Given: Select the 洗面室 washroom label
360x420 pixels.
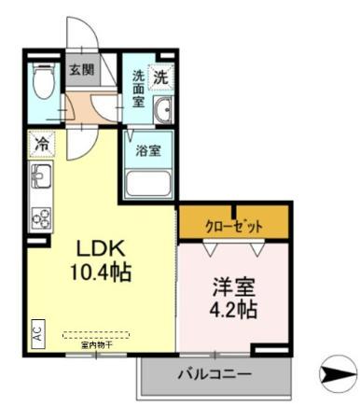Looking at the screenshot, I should (137, 88).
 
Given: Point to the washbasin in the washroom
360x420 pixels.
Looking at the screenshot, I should (163, 109).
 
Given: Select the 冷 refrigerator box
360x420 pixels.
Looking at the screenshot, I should (42, 145).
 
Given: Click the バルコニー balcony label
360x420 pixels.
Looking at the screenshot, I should (215, 375).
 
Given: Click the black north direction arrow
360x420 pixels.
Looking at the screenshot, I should (334, 375).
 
